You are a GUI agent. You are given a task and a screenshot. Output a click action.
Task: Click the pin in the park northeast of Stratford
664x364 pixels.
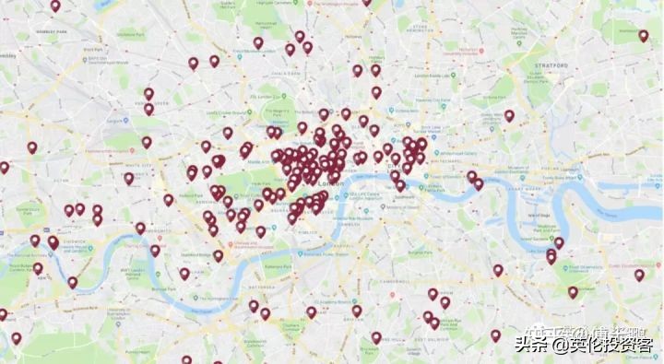[x=644, y=36]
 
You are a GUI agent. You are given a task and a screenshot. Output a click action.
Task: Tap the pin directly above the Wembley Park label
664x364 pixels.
[x=55, y=6]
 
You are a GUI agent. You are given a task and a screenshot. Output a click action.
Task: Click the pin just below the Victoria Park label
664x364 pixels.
[x=509, y=116]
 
